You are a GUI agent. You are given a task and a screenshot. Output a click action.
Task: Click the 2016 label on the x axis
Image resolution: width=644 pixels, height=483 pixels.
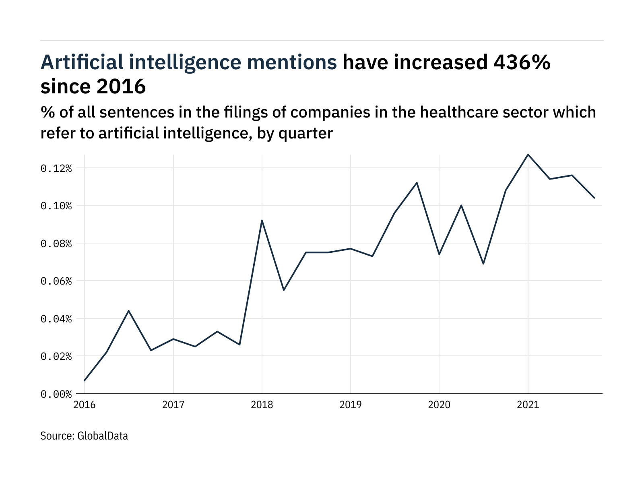tap(85, 405)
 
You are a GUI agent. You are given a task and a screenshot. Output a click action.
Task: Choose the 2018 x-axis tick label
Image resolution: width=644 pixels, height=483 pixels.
tap(262, 405)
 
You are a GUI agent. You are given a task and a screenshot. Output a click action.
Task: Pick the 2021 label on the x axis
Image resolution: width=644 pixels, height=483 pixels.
tap(528, 405)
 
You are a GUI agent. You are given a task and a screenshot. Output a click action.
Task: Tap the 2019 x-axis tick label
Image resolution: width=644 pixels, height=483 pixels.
tap(351, 405)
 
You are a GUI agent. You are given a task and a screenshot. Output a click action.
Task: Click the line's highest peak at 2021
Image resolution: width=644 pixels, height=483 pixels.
tap(528, 155)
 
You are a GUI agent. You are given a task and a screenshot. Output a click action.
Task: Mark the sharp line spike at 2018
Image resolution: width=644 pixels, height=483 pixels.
tap(262, 221)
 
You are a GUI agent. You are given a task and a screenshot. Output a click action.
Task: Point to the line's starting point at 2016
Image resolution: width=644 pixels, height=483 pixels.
tap(85, 380)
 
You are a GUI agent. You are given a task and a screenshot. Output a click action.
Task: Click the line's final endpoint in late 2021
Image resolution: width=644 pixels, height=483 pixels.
tap(594, 198)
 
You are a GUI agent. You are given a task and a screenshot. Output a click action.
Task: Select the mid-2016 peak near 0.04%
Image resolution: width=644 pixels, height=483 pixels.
tap(128, 311)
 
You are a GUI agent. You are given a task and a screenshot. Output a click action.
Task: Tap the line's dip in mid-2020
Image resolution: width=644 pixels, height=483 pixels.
tap(483, 264)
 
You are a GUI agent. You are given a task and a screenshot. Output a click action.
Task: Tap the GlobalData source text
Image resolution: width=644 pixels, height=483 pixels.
tap(102, 436)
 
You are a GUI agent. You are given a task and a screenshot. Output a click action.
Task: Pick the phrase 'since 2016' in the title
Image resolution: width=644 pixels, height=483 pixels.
tap(93, 86)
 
